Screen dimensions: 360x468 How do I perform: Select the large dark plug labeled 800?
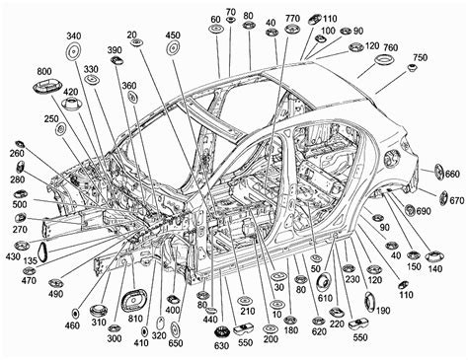click(44, 90)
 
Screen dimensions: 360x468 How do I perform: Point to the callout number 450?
click(173, 36)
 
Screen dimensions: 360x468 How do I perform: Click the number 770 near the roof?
click(293, 19)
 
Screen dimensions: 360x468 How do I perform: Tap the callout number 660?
click(452, 174)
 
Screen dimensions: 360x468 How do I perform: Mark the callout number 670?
click(456, 201)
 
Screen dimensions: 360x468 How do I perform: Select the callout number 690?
click(423, 211)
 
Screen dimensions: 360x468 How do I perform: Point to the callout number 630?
click(220, 345)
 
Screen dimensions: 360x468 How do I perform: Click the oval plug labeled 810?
click(131, 303)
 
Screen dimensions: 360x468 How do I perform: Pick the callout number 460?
click(73, 324)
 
